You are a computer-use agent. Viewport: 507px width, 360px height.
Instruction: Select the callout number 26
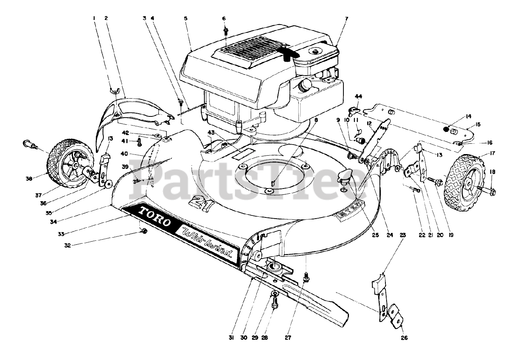(404, 338)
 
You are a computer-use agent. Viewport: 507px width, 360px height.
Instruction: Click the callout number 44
(358, 96)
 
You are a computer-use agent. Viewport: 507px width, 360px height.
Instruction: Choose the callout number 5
(186, 18)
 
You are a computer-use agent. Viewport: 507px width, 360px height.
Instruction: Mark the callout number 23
(403, 235)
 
